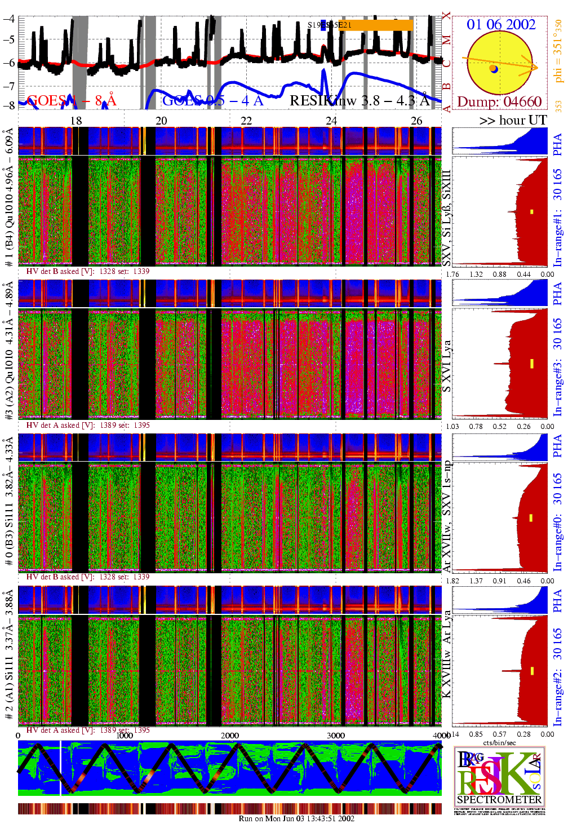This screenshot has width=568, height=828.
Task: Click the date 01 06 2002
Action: (500, 24)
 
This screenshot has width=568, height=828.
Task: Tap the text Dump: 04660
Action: (499, 102)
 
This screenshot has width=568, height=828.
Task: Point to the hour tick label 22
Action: (246, 121)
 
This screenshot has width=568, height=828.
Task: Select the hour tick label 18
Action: (76, 121)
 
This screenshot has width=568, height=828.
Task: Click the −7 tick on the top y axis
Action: (8, 86)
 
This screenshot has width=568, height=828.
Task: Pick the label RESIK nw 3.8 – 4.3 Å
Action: (360, 101)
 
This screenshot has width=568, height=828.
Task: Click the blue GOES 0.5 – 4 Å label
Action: (212, 101)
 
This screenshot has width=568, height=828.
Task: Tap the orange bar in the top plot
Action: (378, 25)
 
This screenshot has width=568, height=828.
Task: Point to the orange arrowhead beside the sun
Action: (530, 67)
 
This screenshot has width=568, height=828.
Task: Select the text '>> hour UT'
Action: (513, 120)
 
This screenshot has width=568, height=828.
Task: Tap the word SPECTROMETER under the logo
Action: (499, 799)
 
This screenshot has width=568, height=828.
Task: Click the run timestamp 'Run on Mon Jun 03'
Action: (296, 818)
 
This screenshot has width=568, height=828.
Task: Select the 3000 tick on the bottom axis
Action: (336, 735)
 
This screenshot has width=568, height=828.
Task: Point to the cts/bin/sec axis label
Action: (499, 742)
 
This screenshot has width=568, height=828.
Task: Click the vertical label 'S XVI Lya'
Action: (446, 366)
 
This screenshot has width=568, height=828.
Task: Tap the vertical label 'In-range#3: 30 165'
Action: (557, 367)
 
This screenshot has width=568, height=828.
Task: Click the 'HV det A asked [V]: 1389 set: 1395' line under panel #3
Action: (88, 425)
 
